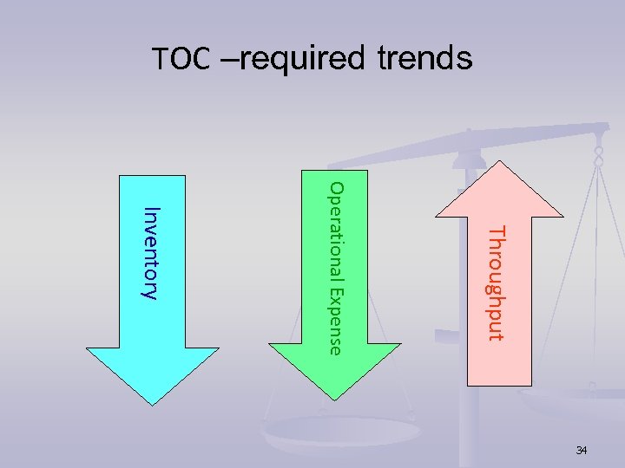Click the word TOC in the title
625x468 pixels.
[181, 59]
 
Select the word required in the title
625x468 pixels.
[302, 59]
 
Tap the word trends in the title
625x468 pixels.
[424, 59]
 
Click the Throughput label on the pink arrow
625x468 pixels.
[494, 283]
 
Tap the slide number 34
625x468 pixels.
[582, 450]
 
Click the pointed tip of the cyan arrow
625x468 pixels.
[154, 403]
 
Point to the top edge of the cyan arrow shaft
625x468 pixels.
[154, 176]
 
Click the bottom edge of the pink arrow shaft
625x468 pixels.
[494, 385]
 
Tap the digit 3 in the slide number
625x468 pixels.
[579, 450]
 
